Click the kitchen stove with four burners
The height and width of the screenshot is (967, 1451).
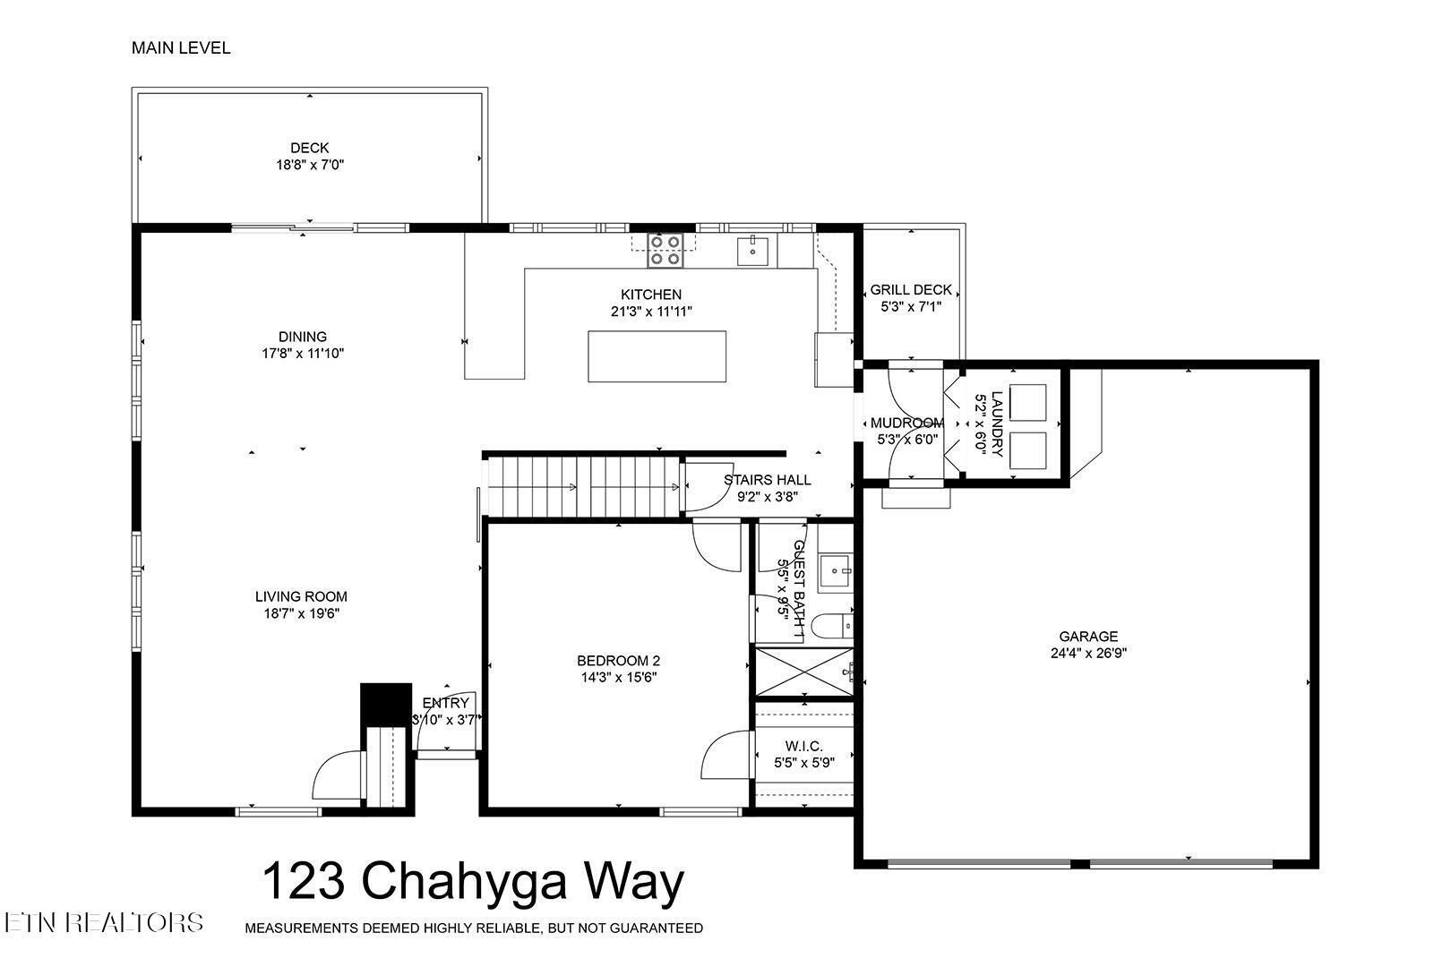665,250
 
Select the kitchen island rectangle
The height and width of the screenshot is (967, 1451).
657,356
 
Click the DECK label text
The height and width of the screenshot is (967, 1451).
309,148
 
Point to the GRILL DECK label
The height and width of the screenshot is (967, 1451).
911,290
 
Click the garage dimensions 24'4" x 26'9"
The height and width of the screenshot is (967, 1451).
1088,654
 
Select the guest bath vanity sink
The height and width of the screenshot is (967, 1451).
837,568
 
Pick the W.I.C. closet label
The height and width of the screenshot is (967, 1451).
803,746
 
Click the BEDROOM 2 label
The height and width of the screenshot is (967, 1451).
618,661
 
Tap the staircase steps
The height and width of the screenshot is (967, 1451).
582,486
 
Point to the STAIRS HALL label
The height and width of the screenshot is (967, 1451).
767,480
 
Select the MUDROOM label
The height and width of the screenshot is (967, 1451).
906,423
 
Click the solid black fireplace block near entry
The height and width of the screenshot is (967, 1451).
384,706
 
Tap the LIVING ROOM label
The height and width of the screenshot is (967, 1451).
301,596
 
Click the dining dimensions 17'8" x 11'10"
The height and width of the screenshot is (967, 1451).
302,354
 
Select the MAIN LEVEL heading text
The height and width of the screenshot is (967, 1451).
181,48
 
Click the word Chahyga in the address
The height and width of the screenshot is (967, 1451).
466,882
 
